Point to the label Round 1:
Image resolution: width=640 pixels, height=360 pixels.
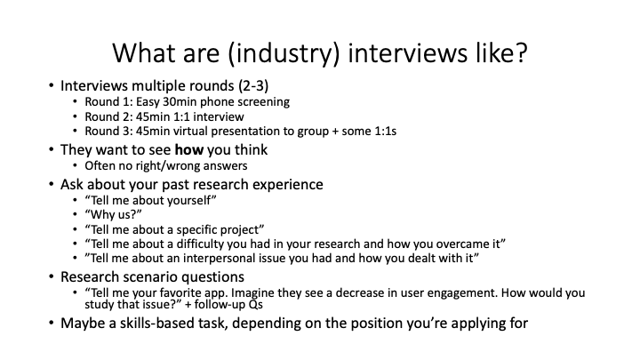[x=106, y=102]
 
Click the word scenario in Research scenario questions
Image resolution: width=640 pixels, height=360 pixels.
[x=156, y=276]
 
